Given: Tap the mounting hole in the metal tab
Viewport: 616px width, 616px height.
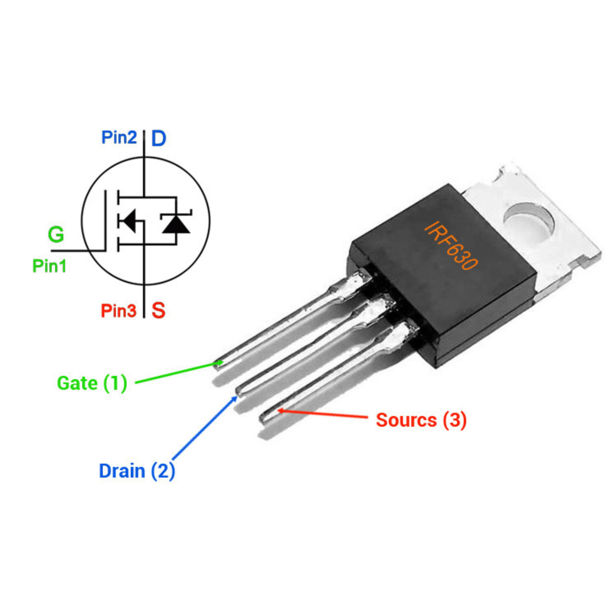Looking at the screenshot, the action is point(529,222).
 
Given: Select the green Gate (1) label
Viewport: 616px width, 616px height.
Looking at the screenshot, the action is point(92,383).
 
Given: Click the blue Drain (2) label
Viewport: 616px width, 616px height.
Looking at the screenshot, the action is point(137,471).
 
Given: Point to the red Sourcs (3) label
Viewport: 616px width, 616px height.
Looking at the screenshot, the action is point(421,420).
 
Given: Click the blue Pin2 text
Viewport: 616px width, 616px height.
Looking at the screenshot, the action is point(119,137).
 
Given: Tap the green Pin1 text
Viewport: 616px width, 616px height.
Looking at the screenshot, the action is point(50,266).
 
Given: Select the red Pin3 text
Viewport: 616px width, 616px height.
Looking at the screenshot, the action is point(119,310).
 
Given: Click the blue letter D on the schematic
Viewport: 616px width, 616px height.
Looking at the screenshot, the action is point(159,138).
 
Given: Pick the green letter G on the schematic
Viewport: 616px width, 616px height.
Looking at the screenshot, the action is point(56,234).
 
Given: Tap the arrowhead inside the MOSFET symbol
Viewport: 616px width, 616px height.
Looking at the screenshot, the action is point(130,221).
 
